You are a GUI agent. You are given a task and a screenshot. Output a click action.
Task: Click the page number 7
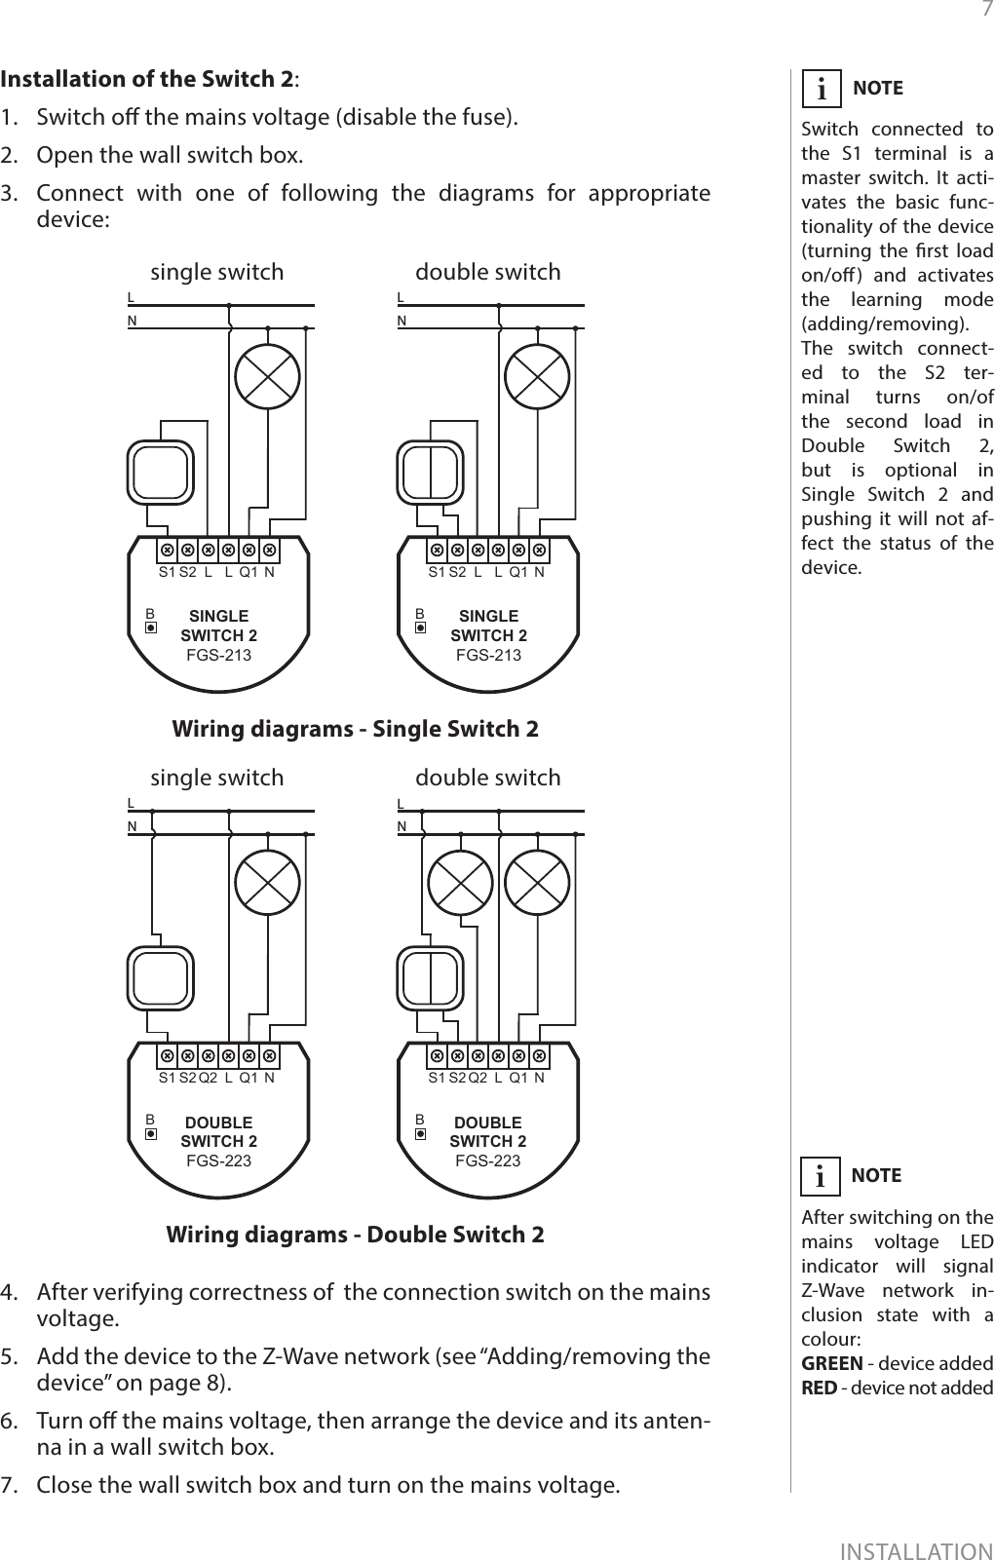[985, 11]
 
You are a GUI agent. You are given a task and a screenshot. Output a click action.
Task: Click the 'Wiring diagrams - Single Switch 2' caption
[355, 729]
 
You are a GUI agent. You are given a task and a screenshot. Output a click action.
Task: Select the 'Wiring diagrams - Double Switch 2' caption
[355, 1235]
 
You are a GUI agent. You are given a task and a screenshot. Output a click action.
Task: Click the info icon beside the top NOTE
[822, 90]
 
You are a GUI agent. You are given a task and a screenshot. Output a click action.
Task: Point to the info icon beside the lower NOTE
[822, 1177]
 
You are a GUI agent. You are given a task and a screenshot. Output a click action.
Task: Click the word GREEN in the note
[831, 1362]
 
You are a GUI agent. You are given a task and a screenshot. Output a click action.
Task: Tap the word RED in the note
[819, 1387]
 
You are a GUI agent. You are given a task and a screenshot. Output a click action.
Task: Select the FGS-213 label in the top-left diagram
[218, 655]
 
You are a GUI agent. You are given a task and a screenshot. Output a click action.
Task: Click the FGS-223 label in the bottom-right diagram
[487, 1160]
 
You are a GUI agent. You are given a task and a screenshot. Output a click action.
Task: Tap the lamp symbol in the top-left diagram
[268, 377]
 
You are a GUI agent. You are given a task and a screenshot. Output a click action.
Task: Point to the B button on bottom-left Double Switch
[150, 1134]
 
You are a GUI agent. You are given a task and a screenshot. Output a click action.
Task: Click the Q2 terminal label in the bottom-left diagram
[208, 1078]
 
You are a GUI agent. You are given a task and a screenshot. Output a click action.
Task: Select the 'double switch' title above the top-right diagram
[488, 272]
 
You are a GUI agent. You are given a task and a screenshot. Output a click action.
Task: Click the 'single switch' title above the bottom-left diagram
[217, 778]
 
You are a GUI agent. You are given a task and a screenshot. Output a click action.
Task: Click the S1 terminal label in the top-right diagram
[437, 572]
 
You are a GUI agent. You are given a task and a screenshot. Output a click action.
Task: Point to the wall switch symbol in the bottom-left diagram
[160, 978]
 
